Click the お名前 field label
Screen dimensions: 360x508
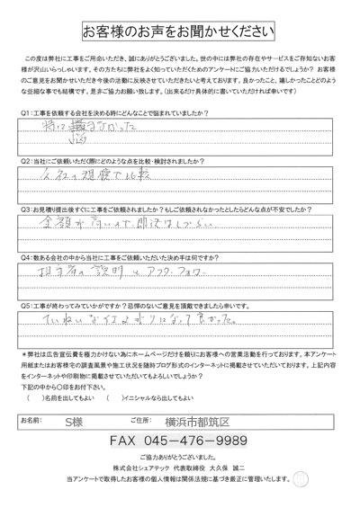(x=31, y=419)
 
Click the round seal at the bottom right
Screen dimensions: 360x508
(x=337, y=479)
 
